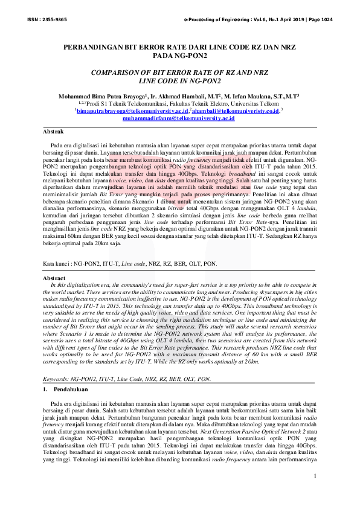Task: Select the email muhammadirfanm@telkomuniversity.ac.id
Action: tap(178, 119)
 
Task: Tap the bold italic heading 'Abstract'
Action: tap(56, 277)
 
